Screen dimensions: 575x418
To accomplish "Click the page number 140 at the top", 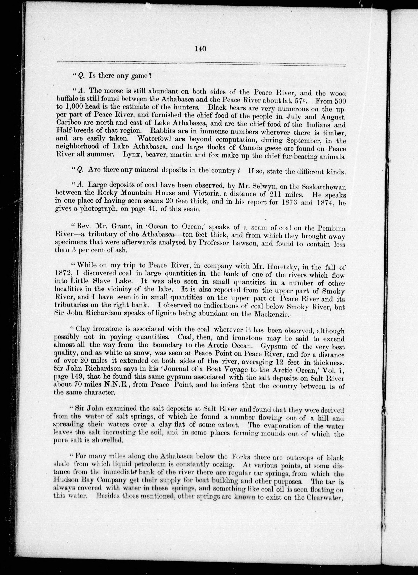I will [x=201, y=49].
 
